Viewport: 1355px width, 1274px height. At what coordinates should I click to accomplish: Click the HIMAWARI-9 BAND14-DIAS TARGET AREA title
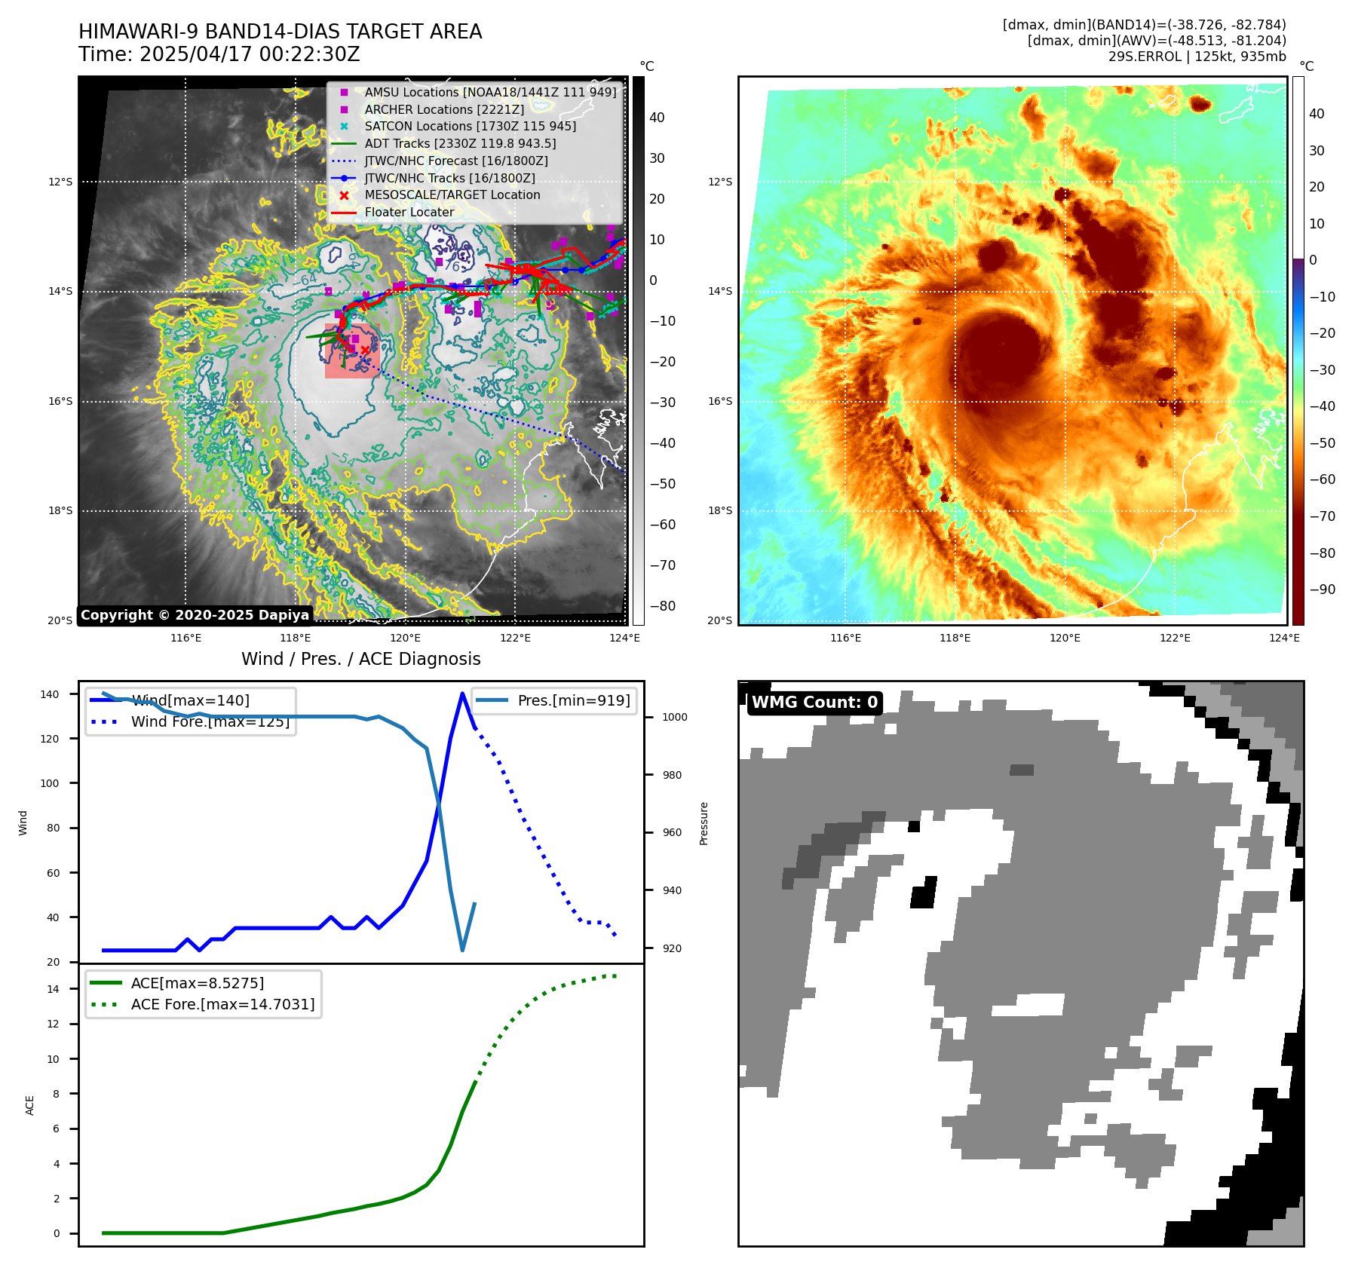click(280, 32)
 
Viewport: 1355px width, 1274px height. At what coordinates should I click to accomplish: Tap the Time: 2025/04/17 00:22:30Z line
click(219, 54)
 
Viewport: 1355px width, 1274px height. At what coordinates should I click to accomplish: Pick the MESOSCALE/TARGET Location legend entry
click(452, 194)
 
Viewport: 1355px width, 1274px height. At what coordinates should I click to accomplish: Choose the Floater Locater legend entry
click(409, 212)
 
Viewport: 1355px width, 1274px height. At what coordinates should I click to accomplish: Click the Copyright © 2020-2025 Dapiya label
click(195, 615)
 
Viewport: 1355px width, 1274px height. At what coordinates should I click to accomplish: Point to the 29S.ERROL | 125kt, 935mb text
click(1197, 57)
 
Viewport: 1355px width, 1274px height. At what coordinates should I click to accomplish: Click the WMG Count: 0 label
click(814, 703)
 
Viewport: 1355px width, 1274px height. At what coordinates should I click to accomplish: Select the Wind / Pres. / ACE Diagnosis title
click(360, 659)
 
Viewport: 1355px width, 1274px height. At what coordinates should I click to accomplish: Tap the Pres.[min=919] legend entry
click(573, 700)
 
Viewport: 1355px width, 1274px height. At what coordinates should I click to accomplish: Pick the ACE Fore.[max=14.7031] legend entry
click(222, 1004)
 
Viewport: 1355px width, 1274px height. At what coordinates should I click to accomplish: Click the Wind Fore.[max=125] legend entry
click(210, 721)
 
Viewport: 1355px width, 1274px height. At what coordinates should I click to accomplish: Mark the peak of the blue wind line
click(462, 694)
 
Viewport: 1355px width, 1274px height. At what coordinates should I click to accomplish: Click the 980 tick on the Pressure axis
click(674, 775)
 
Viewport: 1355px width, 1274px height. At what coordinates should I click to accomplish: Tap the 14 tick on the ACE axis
click(53, 989)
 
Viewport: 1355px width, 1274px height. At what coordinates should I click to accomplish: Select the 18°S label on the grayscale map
click(60, 511)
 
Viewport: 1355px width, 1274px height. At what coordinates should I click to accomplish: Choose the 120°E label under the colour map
click(1065, 638)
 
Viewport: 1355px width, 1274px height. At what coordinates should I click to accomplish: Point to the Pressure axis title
click(704, 823)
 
